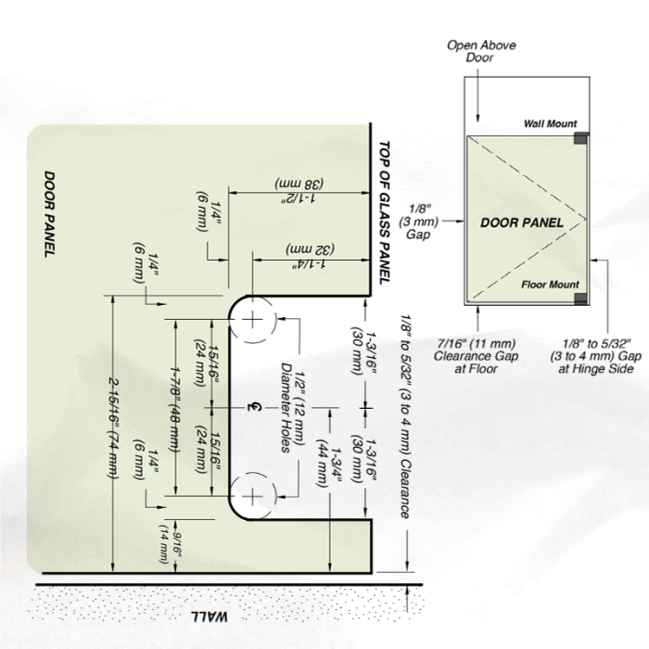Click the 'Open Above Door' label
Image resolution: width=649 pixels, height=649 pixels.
tap(481, 51)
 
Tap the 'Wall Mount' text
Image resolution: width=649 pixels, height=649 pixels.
tap(550, 123)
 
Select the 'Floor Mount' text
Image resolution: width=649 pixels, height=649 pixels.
tap(550, 285)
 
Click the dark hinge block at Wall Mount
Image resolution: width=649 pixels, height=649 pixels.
tap(580, 138)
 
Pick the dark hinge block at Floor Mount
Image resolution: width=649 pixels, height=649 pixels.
tap(581, 299)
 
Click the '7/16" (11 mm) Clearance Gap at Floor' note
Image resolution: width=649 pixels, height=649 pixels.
tap(476, 356)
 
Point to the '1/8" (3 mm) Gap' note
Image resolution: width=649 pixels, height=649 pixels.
tap(418, 222)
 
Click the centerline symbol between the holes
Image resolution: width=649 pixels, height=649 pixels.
tap(254, 407)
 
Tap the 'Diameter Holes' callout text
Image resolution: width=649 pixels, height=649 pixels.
tap(286, 407)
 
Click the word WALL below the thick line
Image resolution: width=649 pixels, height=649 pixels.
tap(209, 617)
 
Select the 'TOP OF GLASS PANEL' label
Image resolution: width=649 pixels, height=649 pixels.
tap(385, 212)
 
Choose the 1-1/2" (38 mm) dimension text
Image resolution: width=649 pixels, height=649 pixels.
tap(299, 190)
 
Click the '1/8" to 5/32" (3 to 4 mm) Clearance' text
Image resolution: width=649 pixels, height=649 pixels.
tap(406, 417)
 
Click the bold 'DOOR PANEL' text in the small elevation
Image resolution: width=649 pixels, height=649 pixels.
tap(521, 223)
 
